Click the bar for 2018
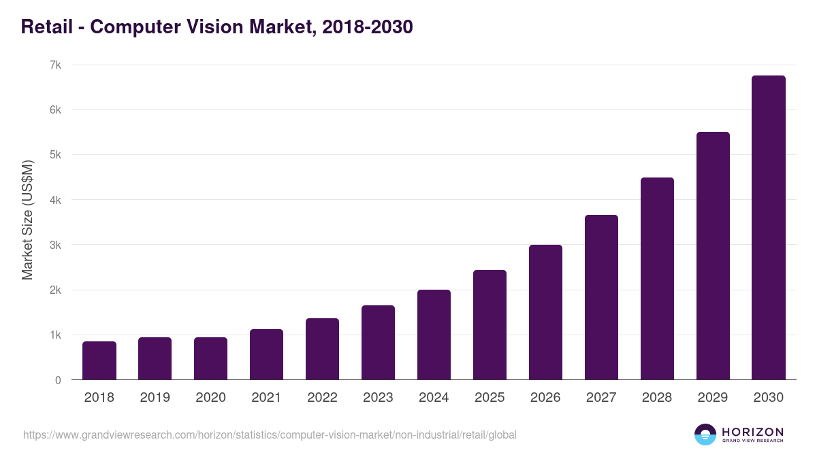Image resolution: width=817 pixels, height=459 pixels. click(99, 360)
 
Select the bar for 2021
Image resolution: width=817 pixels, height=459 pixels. click(266, 354)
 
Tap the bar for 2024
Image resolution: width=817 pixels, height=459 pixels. click(434, 335)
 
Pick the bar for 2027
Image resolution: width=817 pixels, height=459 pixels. click(601, 297)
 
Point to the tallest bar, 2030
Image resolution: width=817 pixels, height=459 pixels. click(769, 228)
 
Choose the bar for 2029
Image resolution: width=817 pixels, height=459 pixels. click(713, 256)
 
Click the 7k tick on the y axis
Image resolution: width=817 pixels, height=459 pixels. click(55, 65)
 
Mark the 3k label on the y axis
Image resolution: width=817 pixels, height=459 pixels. click(55, 245)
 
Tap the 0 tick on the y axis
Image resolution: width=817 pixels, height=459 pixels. click(58, 380)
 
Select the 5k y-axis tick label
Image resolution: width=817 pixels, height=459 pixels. click(55, 155)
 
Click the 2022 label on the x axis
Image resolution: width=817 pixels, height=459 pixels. click(322, 398)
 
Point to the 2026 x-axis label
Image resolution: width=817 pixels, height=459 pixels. click(545, 398)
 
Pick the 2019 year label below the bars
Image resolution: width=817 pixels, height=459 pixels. click(155, 398)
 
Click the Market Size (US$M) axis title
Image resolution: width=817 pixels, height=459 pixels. click(27, 220)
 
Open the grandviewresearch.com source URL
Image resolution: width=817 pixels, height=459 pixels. click(270, 435)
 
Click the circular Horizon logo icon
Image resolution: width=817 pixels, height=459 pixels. click(705, 435)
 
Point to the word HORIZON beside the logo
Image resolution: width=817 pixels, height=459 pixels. click(752, 431)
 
